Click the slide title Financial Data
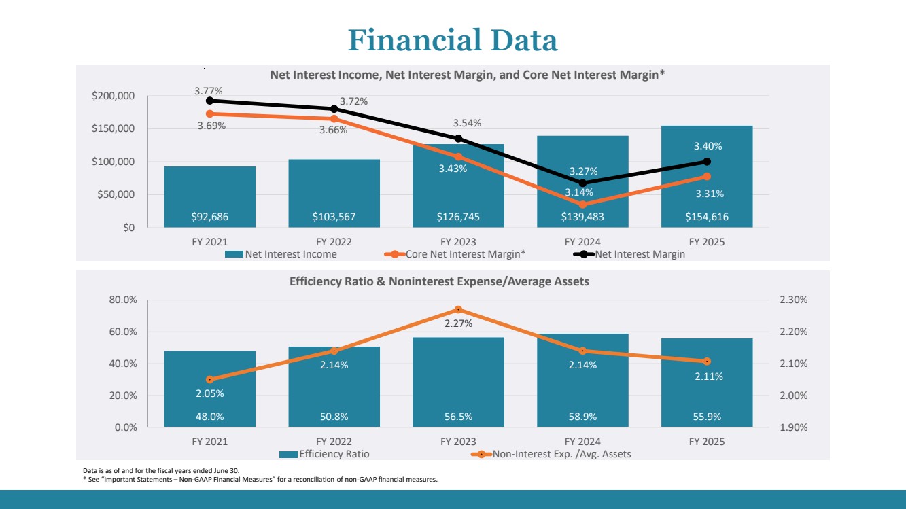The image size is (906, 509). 453,40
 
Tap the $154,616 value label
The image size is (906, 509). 707,217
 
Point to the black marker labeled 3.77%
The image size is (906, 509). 209,101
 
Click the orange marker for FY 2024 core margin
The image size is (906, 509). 582,205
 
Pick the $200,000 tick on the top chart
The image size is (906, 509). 114,96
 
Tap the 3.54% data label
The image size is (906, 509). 467,123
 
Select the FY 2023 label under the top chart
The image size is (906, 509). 458,242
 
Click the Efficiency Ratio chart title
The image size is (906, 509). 439,281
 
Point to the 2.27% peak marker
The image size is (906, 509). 458,310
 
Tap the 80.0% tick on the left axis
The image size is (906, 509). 124,300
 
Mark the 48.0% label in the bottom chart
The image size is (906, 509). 209,417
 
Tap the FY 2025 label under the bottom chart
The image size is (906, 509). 707,442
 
